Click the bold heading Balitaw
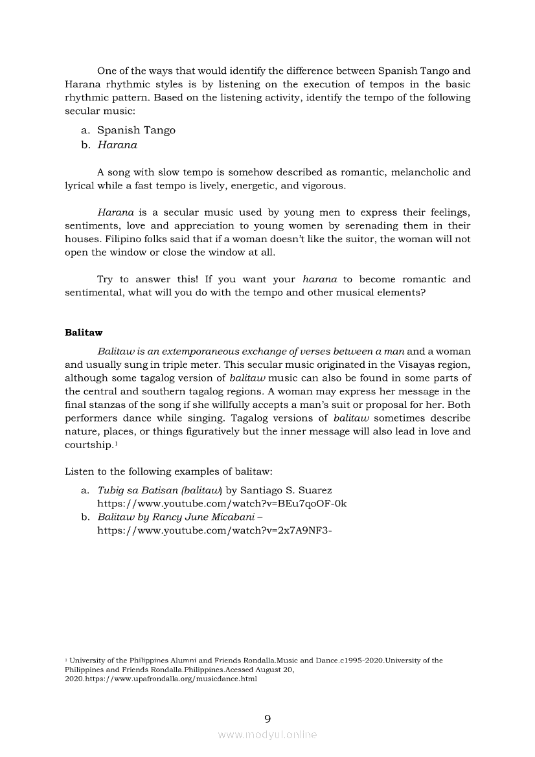(84, 333)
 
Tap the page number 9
(267, 718)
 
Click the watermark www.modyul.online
(267, 734)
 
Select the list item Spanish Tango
(136, 130)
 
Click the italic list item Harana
(117, 145)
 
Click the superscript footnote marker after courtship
(116, 443)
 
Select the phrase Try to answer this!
(143, 280)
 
